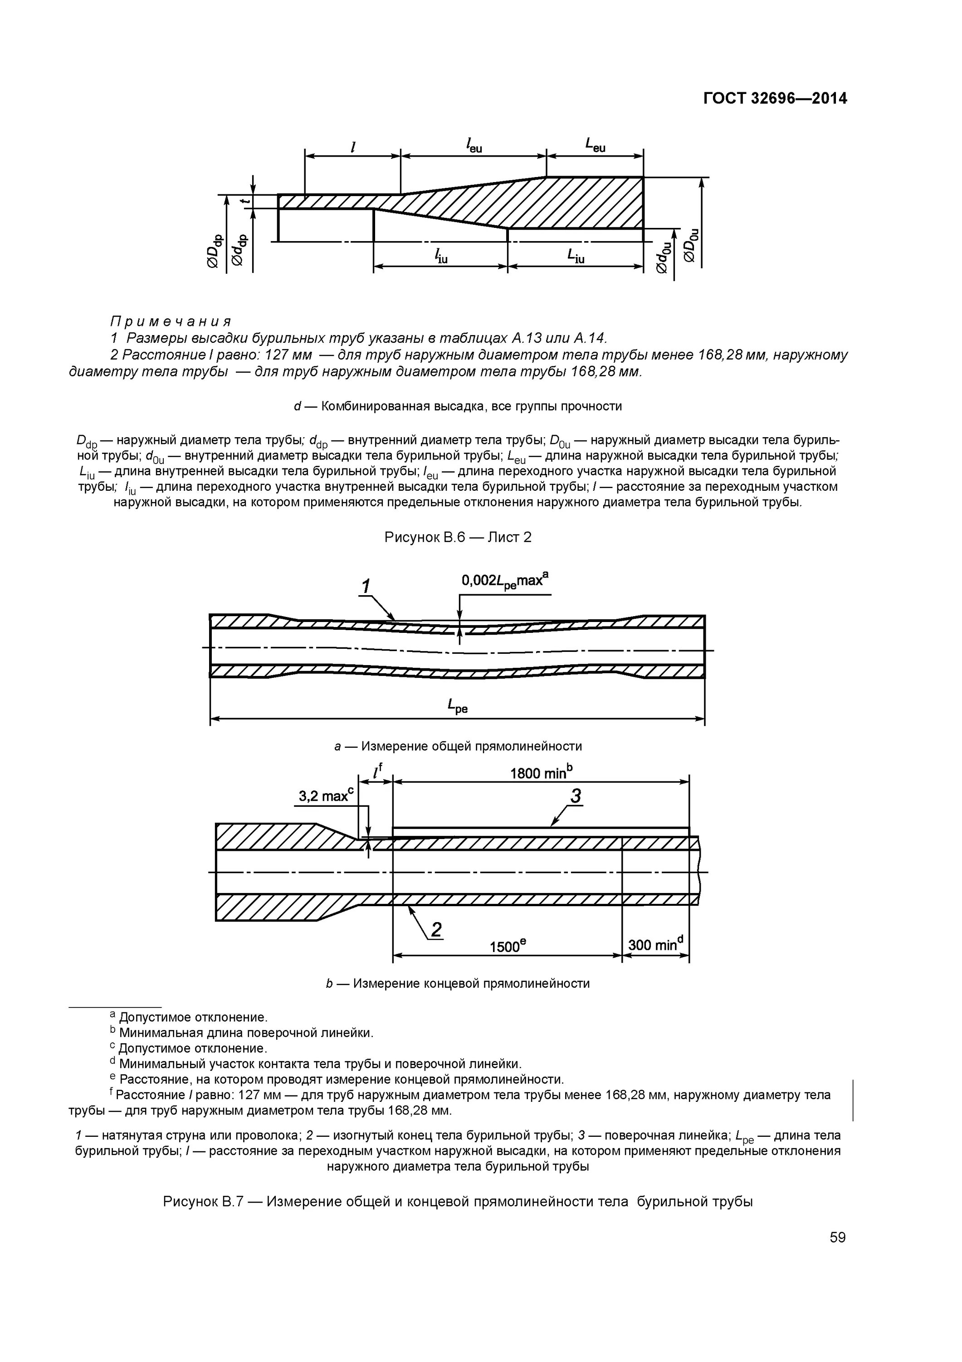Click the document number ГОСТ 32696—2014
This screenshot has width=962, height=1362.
pyautogui.click(x=775, y=99)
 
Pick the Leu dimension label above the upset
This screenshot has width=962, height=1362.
pyautogui.click(x=595, y=145)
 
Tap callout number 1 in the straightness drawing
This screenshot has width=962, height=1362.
pyautogui.click(x=366, y=586)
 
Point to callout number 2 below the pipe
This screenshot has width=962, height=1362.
pyautogui.click(x=436, y=930)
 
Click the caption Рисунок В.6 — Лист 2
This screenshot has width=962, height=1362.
pyautogui.click(x=458, y=537)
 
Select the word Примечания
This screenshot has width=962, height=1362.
pyautogui.click(x=171, y=321)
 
